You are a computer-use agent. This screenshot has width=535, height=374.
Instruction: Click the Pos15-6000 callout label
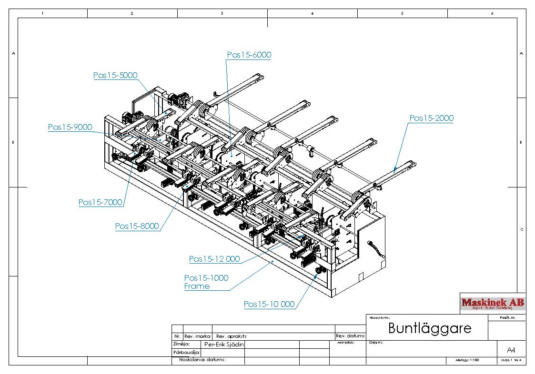[249, 55]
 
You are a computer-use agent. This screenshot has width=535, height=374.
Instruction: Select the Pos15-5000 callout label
[115, 75]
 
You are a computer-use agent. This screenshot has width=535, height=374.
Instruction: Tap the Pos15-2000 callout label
[431, 118]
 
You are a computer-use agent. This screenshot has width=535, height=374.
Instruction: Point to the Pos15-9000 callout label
[70, 128]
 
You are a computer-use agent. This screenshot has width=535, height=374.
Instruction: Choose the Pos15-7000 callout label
[100, 203]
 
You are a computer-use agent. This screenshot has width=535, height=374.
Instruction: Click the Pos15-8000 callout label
[137, 226]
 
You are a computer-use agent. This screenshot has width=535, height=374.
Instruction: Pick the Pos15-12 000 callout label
[214, 259]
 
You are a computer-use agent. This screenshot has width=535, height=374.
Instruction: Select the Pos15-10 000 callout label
[269, 305]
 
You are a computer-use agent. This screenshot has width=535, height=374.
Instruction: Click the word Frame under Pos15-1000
[197, 286]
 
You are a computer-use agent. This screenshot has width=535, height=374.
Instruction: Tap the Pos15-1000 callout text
[206, 278]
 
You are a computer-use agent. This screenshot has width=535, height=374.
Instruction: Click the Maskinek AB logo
[493, 303]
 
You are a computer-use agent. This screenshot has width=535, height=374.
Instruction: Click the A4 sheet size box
[511, 350]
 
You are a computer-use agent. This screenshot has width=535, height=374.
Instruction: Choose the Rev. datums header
[350, 336]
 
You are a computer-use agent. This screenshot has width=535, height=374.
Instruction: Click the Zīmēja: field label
[182, 344]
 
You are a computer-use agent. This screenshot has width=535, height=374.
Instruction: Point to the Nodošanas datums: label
[202, 360]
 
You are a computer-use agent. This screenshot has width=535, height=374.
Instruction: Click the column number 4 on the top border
[312, 13]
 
